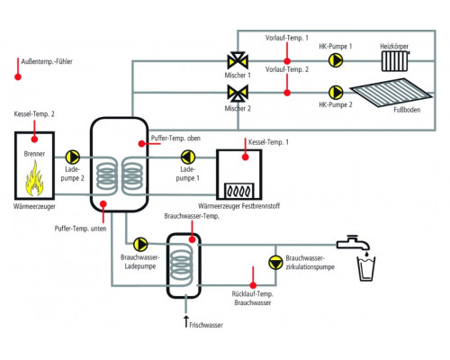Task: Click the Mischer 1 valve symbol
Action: [238, 61]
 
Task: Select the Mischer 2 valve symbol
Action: [238, 93]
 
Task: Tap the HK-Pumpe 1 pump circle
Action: [336, 60]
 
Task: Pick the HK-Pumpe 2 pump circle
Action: [336, 93]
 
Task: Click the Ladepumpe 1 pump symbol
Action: [188, 157]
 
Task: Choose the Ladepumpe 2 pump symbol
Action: [73, 157]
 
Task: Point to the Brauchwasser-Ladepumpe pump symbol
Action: [140, 244]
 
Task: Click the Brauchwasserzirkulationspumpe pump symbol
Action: [275, 263]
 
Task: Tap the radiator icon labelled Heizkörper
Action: [395, 61]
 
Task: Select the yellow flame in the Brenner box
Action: [34, 178]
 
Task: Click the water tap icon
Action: [353, 243]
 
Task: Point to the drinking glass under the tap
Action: [366, 269]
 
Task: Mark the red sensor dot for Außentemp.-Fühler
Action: [18, 76]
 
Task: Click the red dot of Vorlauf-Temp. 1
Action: [287, 61]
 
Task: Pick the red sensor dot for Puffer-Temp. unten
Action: [103, 204]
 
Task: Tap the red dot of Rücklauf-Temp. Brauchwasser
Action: [253, 285]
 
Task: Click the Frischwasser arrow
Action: [186, 321]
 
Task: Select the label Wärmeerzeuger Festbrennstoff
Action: [238, 206]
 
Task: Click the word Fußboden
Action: [407, 110]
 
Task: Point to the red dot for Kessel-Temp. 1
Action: [246, 157]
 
